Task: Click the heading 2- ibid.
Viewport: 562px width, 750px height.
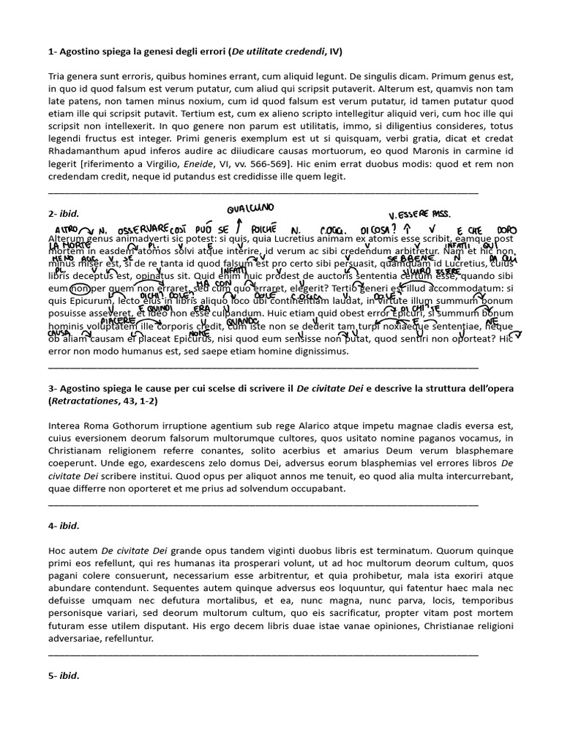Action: point(64,214)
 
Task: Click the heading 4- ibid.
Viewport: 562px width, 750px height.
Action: point(64,526)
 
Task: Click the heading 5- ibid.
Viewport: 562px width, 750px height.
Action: point(64,676)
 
